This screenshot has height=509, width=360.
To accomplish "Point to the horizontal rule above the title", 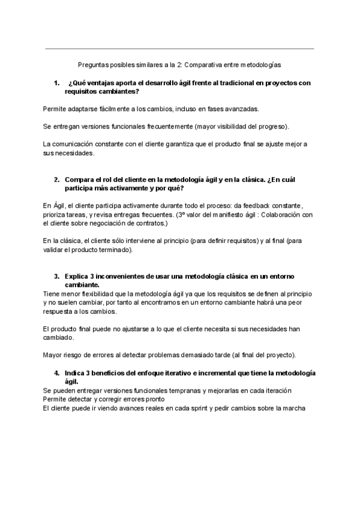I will (x=180, y=49).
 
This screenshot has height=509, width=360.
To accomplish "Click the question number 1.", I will (x=56, y=83).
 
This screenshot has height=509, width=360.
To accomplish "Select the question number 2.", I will (x=56, y=179).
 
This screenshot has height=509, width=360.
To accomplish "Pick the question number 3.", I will (x=56, y=276).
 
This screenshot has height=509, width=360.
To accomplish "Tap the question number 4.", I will (x=56, y=373).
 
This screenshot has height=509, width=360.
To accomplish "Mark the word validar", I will (x=56, y=250).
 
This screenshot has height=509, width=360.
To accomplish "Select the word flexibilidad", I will (x=96, y=294).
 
